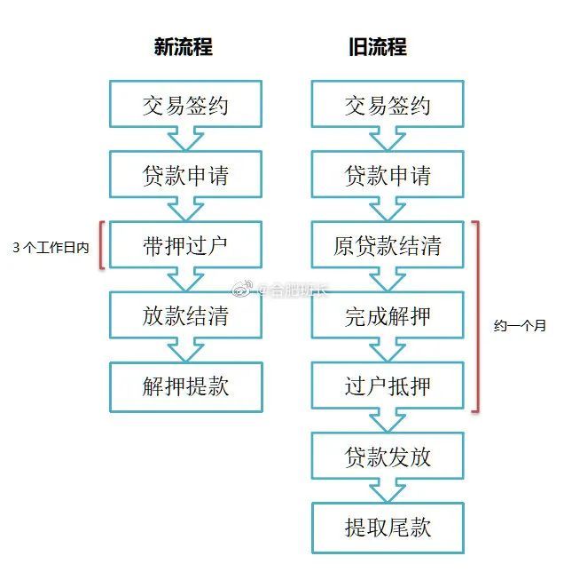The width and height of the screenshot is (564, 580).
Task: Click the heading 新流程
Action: [184, 47]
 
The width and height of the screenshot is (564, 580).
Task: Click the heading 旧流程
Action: [378, 47]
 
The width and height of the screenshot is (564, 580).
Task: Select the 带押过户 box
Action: [185, 245]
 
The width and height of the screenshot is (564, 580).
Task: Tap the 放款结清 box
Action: [185, 315]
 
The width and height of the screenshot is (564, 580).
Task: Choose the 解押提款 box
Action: [185, 386]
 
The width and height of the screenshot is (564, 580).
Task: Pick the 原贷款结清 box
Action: [388, 245]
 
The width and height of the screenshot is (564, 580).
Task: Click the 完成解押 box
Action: [388, 315]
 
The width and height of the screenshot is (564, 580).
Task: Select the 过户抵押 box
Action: [388, 385]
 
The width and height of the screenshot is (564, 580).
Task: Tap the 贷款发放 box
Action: [388, 456]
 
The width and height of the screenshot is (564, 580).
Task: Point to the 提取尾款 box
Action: [388, 528]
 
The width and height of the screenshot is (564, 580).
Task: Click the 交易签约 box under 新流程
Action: [185, 104]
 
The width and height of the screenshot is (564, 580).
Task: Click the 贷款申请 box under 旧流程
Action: [388, 175]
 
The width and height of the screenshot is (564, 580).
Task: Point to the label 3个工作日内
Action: [51, 248]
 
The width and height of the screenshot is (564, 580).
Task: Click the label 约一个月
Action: [520, 326]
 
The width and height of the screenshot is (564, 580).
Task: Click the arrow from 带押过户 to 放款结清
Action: [185, 280]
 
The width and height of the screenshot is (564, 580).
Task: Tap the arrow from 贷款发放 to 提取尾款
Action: [388, 491]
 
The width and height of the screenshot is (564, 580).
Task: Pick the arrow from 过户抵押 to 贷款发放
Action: [388, 421]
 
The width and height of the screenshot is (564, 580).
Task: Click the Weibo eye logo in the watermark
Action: [242, 289]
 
